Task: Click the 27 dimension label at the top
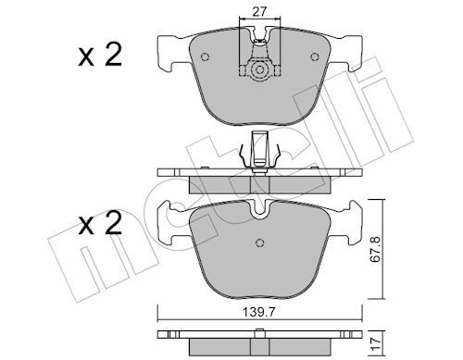(259, 12)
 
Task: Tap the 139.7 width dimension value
(259, 313)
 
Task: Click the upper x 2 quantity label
(100, 56)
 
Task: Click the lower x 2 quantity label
(100, 223)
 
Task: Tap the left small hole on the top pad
(206, 57)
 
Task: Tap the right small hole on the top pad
(315, 57)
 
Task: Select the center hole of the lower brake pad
(260, 243)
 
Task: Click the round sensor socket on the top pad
(259, 69)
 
